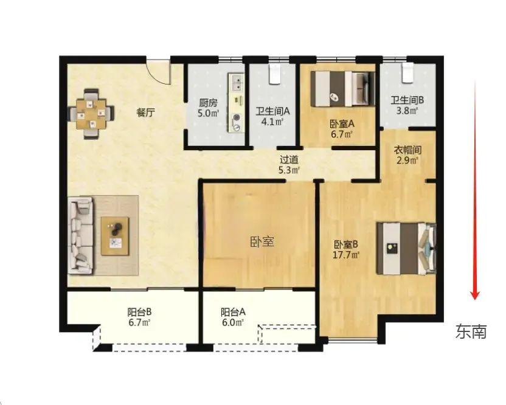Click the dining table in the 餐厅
pyautogui.click(x=92, y=114)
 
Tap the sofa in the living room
pyautogui.click(x=81, y=235)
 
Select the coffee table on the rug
pyautogui.click(x=115, y=236)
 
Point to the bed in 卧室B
pyautogui.click(x=407, y=248)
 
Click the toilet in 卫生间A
pyautogui.click(x=276, y=74)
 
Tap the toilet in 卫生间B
pyautogui.click(x=407, y=72)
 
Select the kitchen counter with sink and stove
pyautogui.click(x=237, y=103)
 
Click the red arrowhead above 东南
pyautogui.click(x=475, y=295)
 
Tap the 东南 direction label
pyautogui.click(x=471, y=331)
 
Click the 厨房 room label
pyautogui.click(x=208, y=103)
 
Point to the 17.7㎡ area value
pyautogui.click(x=346, y=255)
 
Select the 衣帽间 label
pyautogui.click(x=408, y=150)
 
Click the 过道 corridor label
pyautogui.click(x=288, y=160)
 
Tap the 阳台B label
pyautogui.click(x=139, y=313)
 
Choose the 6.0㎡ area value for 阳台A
pyautogui.click(x=232, y=322)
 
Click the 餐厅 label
pyautogui.click(x=146, y=112)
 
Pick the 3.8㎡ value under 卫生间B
pyautogui.click(x=407, y=111)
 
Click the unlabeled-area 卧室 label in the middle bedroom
pyautogui.click(x=262, y=241)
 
